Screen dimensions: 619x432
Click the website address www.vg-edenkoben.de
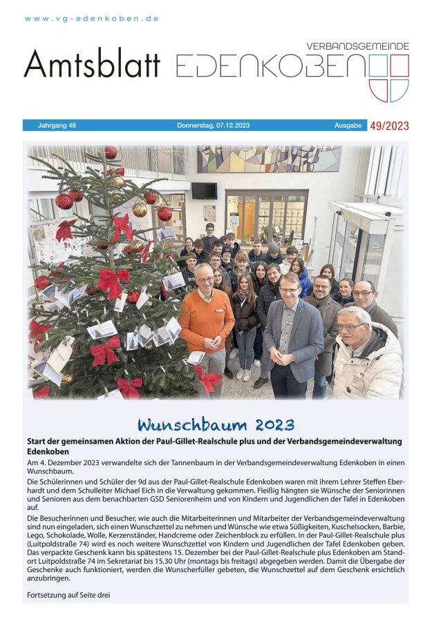pos(92,19)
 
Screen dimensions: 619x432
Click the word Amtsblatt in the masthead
pos(91,65)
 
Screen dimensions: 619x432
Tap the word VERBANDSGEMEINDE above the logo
pos(357,46)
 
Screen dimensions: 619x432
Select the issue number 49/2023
pos(389,126)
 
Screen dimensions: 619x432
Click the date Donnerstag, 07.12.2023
pos(213,126)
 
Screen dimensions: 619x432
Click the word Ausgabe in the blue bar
pos(348,126)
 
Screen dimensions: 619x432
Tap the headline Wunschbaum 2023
pos(216,423)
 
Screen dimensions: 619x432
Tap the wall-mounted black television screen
pos(204,190)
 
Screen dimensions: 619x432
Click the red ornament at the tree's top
pos(111,152)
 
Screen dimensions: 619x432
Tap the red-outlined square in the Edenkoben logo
pos(400,65)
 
